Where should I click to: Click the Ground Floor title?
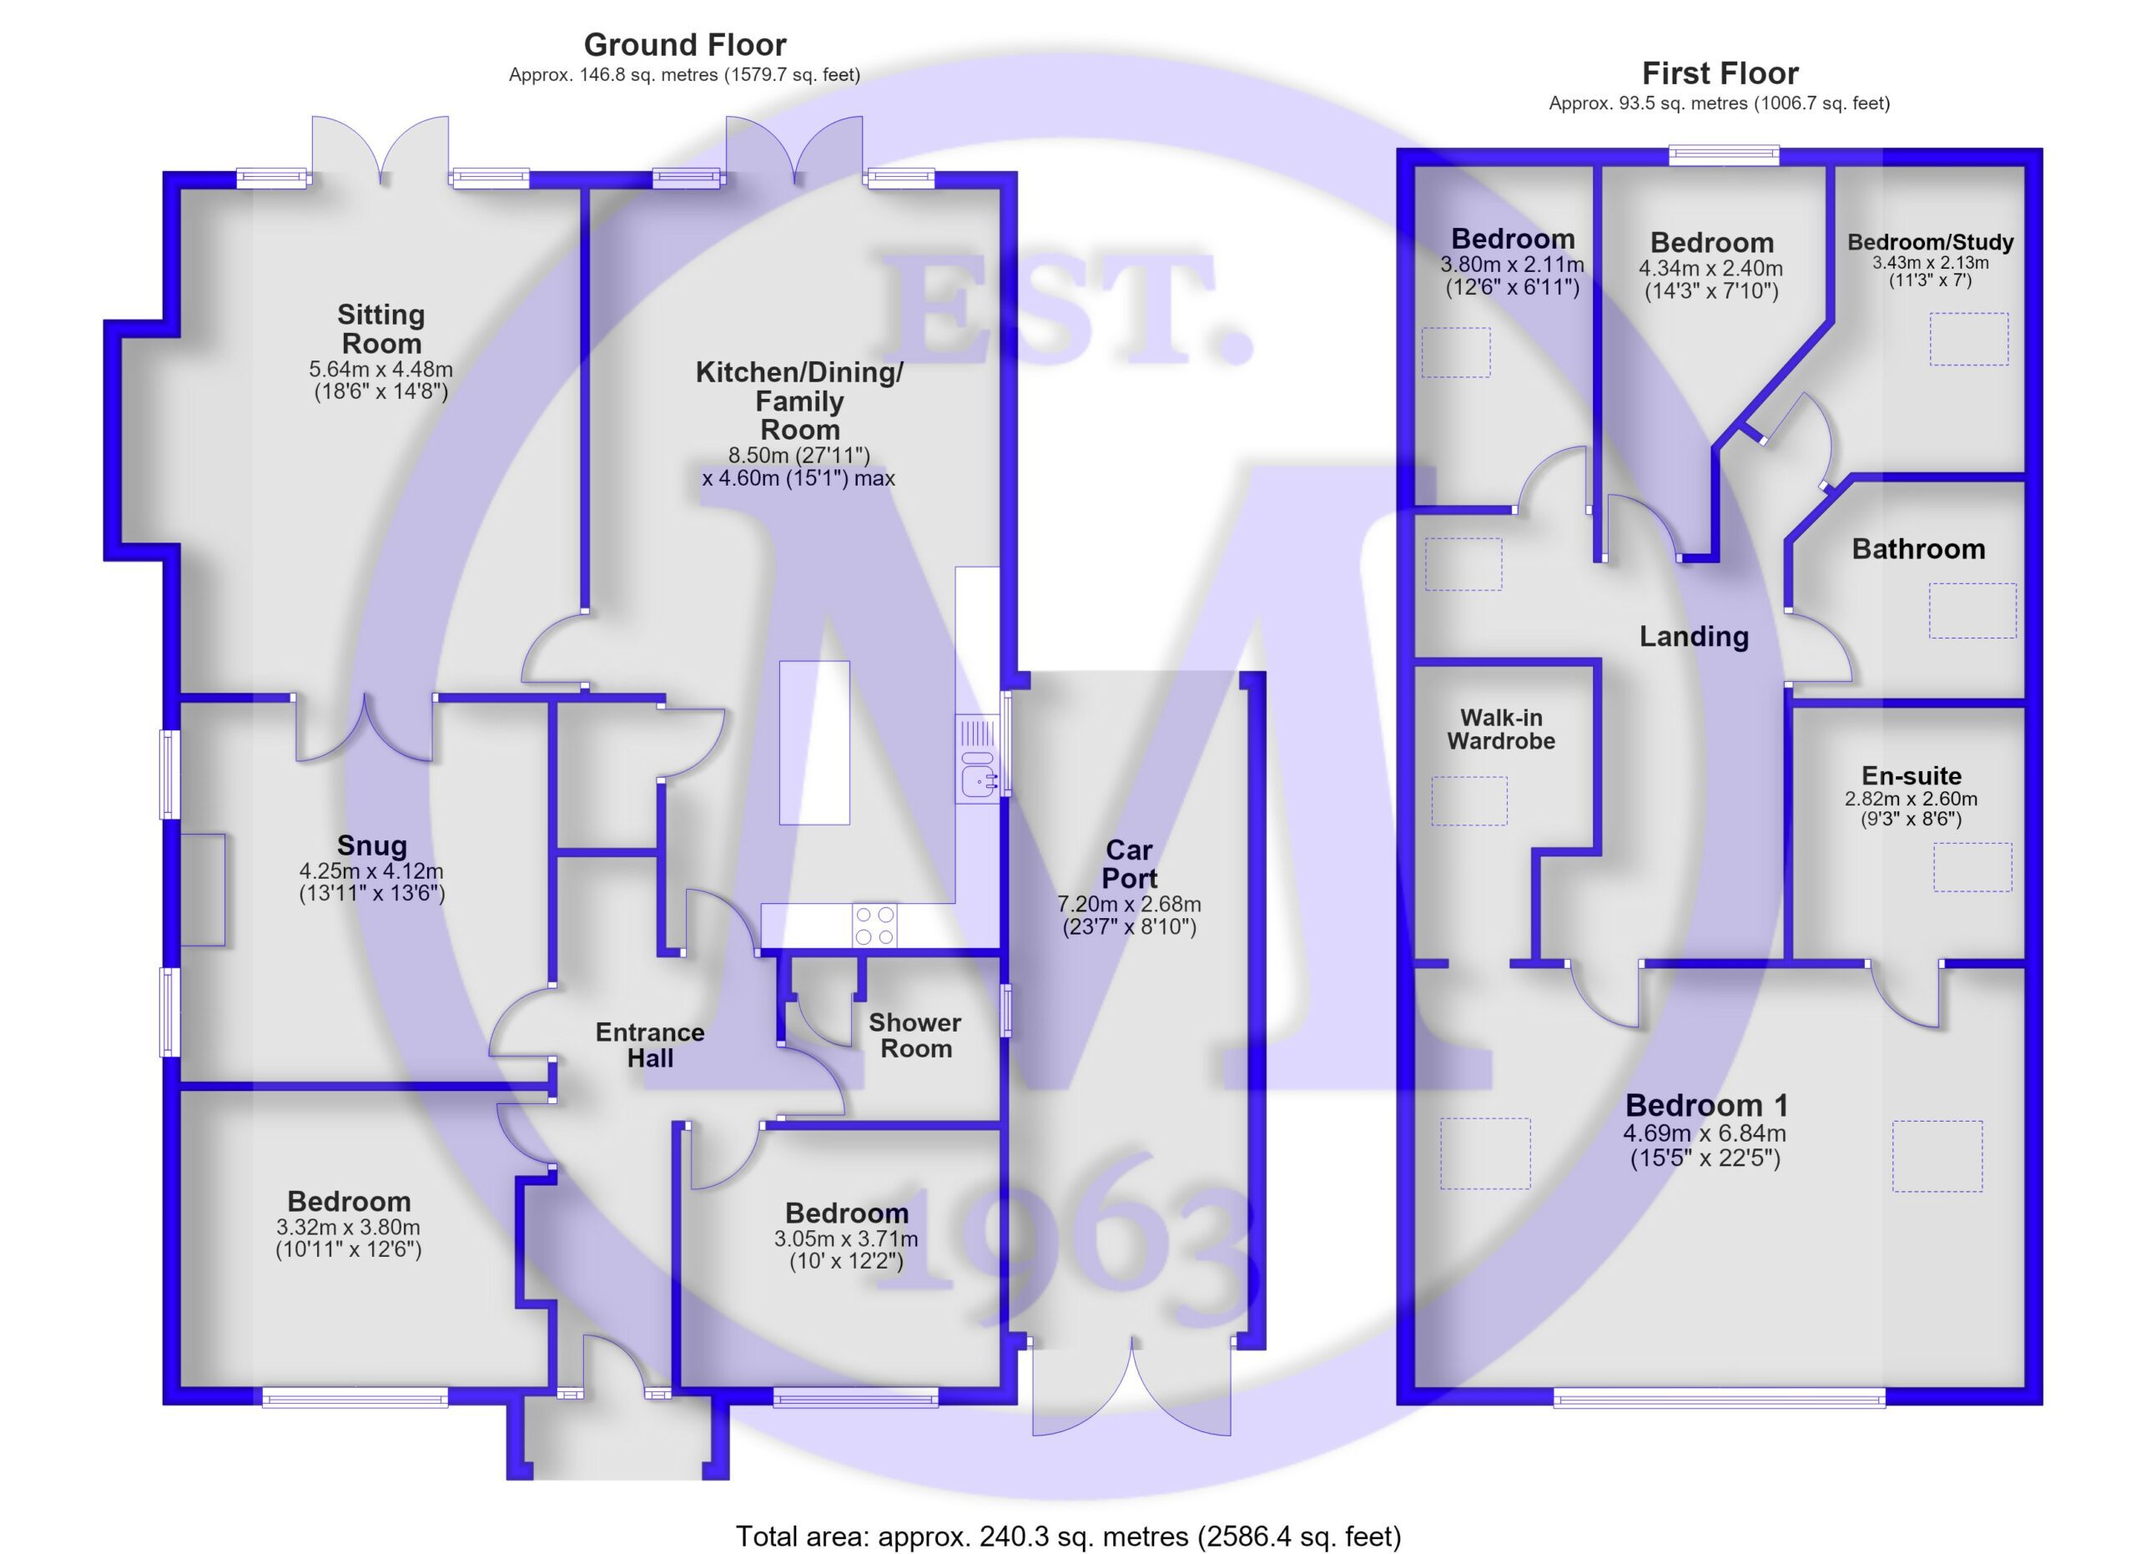point(685,44)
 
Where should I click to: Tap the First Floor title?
point(1720,73)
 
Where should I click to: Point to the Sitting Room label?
point(380,329)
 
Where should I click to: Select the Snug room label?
point(372,845)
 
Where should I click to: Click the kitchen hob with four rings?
point(875,925)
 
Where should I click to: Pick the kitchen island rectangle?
point(814,742)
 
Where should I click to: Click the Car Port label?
point(1129,864)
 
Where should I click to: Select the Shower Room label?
point(915,1035)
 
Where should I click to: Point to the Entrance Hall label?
point(650,1044)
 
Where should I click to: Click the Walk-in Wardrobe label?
point(1501,729)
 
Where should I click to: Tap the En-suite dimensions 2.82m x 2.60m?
point(1911,799)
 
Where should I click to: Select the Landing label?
point(1695,637)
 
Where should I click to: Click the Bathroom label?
point(1918,549)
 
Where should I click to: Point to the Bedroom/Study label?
point(1931,242)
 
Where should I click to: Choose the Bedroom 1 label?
point(1706,1105)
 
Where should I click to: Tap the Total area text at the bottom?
point(1068,1536)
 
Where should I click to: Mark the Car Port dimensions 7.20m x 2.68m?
point(1129,904)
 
